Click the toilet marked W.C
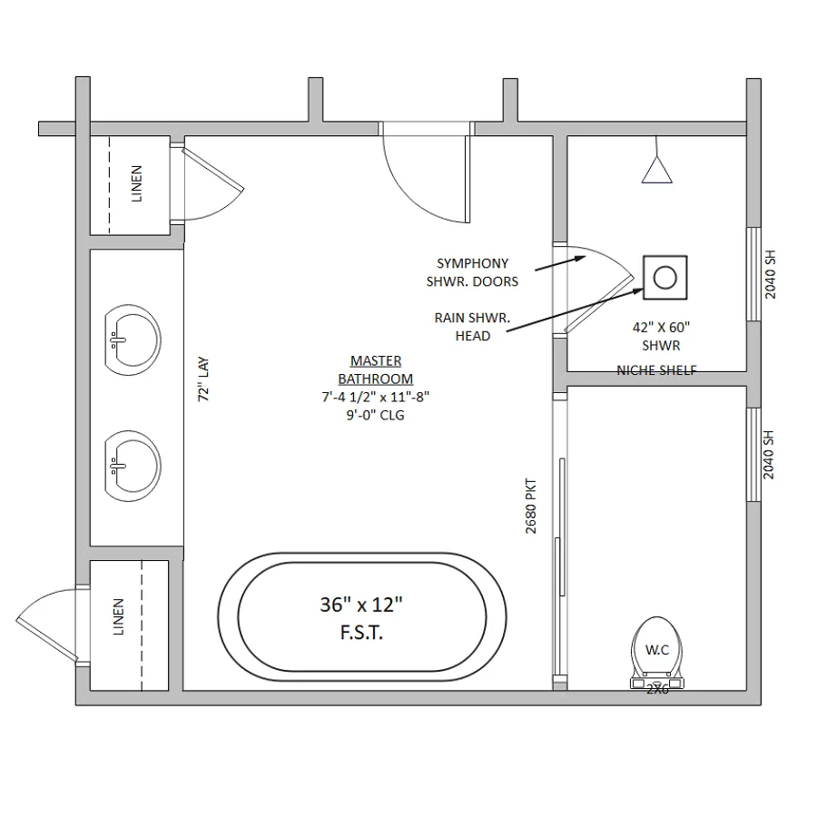(657, 654)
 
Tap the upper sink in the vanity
(133, 340)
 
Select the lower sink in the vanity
(133, 466)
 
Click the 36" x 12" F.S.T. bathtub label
(361, 618)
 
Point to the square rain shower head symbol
(664, 277)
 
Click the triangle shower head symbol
(656, 170)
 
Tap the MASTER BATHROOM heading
(376, 370)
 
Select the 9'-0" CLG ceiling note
(376, 415)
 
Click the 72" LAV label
(203, 379)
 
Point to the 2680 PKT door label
(530, 506)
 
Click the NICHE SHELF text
(656, 370)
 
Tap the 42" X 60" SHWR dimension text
(661, 337)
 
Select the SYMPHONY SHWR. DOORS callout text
(473, 272)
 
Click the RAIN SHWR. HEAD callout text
(473, 327)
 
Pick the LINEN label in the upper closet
(136, 183)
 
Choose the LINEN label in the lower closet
(118, 616)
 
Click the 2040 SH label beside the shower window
(770, 274)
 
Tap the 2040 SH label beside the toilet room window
(769, 455)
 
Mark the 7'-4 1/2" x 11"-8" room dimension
(376, 397)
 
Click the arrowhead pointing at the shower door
(582, 258)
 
